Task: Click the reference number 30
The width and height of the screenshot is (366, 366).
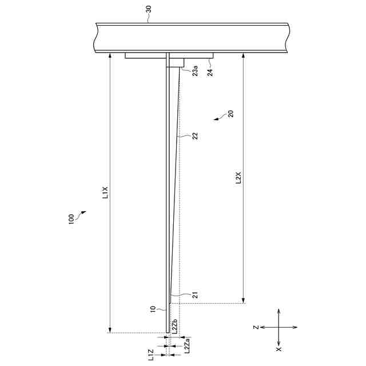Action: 149,9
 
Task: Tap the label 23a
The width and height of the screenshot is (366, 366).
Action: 195,71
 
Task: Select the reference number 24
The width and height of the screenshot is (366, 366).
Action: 210,73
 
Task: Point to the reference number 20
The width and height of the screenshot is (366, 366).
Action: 230,114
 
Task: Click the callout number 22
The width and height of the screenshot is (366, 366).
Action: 195,136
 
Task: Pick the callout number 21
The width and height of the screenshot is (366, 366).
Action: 196,295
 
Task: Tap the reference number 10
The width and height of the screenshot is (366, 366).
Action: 153,309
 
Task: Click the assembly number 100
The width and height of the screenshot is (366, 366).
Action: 71,219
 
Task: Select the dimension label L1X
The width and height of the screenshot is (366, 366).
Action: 105,193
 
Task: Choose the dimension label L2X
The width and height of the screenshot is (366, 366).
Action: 238,178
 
